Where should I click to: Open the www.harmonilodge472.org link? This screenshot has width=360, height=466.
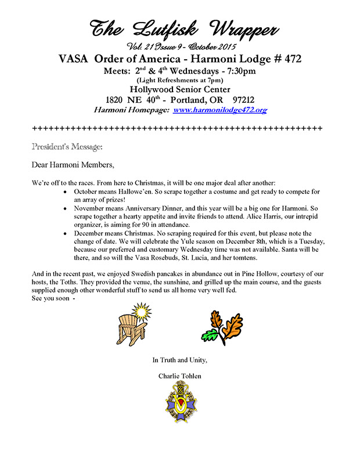tap(216, 109)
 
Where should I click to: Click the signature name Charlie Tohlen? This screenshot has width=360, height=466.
tap(179, 376)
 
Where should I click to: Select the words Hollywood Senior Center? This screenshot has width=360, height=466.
tap(179, 89)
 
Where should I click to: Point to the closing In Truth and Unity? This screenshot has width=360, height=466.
tap(179, 360)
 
